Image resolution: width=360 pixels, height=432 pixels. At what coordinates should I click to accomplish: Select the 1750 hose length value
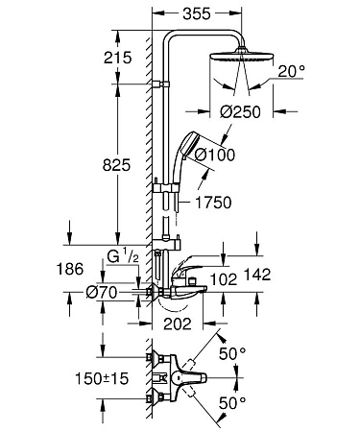217,204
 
